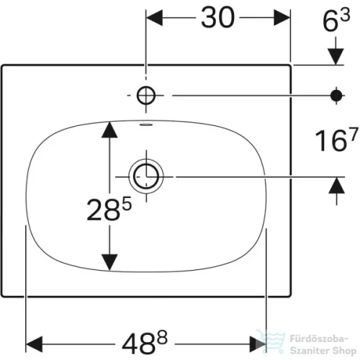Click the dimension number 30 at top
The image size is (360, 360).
tap(217, 17)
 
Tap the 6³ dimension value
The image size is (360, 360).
tap(336, 20)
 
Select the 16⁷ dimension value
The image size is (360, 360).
tap(336, 140)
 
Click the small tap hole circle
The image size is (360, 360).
tap(146, 95)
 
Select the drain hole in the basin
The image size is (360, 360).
tap(146, 176)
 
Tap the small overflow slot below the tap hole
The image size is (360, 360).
tap(146, 125)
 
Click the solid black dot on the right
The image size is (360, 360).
tap(336, 96)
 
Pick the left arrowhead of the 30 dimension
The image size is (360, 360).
tap(155, 17)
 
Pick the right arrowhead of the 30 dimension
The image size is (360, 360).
tap(282, 17)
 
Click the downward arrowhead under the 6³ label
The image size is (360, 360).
tap(336, 56)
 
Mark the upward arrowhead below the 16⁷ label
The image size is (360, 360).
tap(336, 185)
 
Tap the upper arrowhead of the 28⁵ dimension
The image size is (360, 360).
tap(109, 130)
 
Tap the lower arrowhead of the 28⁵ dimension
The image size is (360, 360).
tap(109, 262)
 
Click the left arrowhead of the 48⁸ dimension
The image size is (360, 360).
tap(34, 344)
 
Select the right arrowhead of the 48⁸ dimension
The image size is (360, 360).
tap(258, 344)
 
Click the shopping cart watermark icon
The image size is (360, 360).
tap(271, 341)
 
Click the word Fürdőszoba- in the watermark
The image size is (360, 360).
tap(319, 339)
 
